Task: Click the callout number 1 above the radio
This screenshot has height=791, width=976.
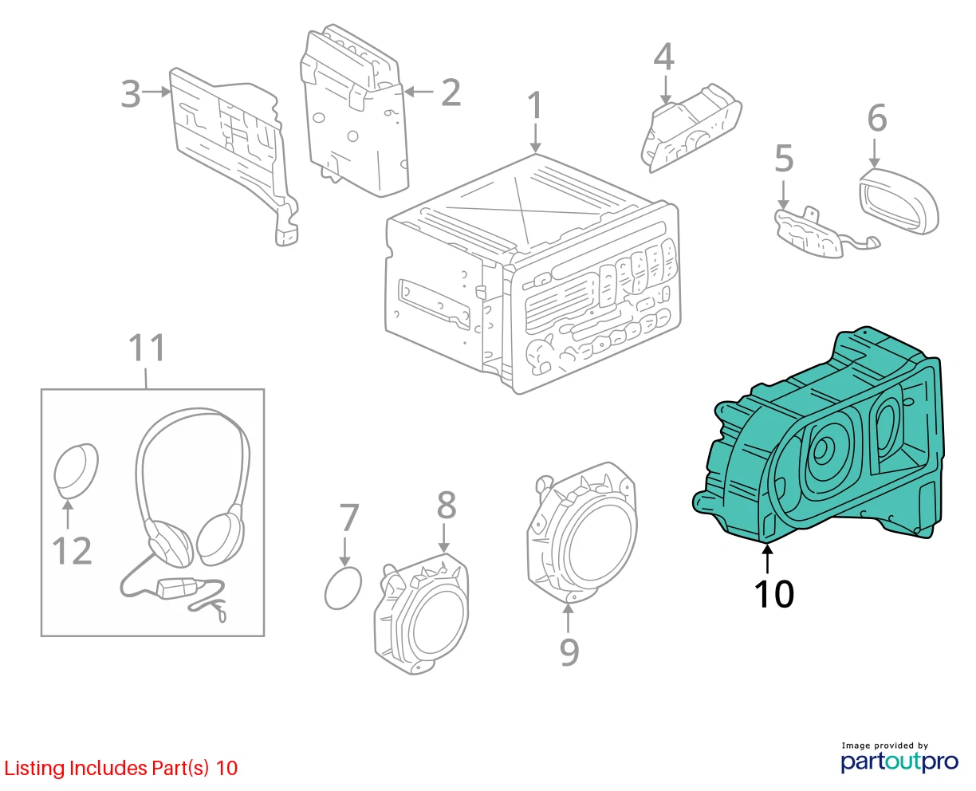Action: click(535, 105)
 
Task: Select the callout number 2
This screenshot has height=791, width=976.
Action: click(451, 92)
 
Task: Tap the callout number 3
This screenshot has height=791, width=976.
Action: click(131, 94)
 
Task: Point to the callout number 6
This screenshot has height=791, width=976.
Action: click(877, 118)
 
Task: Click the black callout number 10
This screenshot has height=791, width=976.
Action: click(774, 594)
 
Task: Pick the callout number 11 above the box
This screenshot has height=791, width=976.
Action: click(146, 348)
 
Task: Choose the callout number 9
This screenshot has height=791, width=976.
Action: click(569, 652)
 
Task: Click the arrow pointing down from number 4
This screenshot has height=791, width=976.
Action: click(666, 89)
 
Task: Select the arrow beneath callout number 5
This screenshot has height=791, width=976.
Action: click(783, 195)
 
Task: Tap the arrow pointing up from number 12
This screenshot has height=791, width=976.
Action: click(68, 514)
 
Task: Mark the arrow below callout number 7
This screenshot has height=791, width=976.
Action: click(345, 551)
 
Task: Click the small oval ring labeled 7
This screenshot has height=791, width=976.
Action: click(343, 588)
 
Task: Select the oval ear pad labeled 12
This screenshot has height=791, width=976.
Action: click(76, 470)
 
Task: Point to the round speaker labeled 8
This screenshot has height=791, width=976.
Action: click(422, 614)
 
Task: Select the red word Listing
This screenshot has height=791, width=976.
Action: click(34, 768)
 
